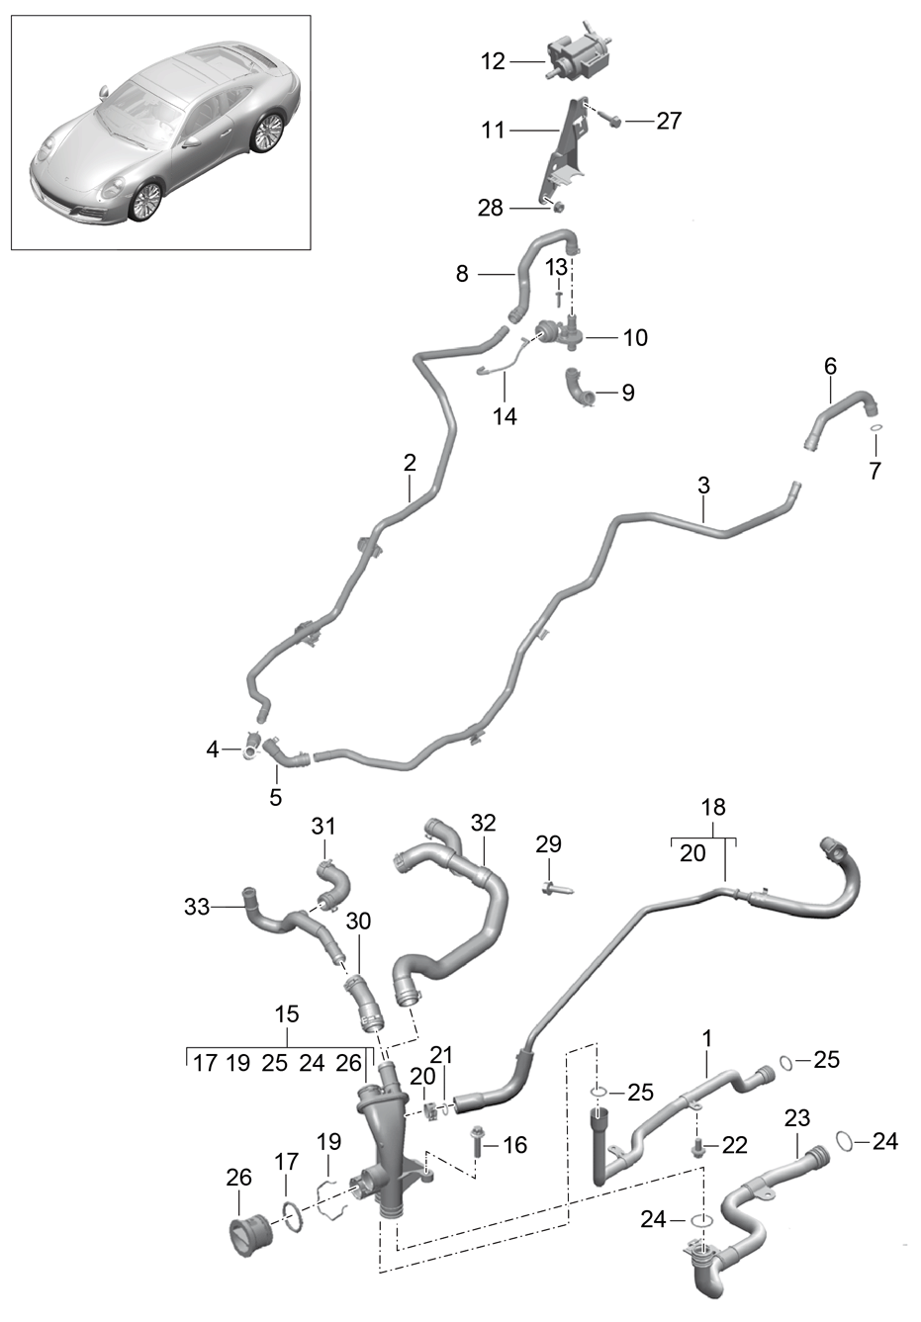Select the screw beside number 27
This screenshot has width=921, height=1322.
click(x=613, y=121)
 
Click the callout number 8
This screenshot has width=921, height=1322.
click(x=462, y=273)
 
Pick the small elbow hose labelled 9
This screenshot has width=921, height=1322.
click(x=582, y=389)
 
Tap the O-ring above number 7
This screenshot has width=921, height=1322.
click(x=875, y=428)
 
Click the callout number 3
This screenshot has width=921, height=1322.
click(x=703, y=485)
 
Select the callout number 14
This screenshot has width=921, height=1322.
click(x=505, y=416)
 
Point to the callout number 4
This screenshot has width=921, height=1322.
click(x=212, y=750)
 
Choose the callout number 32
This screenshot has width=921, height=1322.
click(x=483, y=823)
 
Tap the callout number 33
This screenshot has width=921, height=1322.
click(x=197, y=906)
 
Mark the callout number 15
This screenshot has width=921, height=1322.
click(x=286, y=1014)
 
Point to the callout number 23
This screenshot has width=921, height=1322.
click(x=797, y=1118)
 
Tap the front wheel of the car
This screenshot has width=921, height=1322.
click(x=145, y=203)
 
